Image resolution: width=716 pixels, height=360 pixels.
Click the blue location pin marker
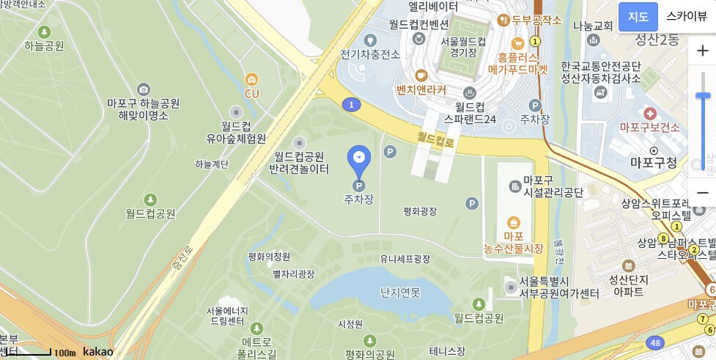tap(359, 158)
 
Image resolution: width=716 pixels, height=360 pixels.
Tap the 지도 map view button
tap(638, 17)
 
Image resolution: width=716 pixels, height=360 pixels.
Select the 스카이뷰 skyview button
tap(687, 17)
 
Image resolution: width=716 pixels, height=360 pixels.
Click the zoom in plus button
tap(702, 51)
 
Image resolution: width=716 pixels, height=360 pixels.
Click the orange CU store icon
tap(252, 79)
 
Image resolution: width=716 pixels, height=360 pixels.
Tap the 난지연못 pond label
tap(400, 293)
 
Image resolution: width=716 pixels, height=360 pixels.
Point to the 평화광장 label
tap(420, 211)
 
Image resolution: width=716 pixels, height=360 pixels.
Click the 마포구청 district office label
tap(654, 163)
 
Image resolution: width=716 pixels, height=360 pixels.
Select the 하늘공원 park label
tap(44, 46)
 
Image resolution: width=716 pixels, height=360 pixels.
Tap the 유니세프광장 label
tap(405, 259)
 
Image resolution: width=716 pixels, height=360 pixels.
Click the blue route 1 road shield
tap(353, 105)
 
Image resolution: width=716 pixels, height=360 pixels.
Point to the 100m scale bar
tap(51, 353)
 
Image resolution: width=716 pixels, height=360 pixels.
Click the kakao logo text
tap(98, 352)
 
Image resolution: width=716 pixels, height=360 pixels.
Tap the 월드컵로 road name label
tap(436, 138)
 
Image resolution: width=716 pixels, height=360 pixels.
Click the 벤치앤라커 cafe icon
tap(421, 75)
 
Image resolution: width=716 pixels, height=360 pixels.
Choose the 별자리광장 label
tap(293, 273)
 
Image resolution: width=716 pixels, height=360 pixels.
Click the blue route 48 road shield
tap(655, 342)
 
